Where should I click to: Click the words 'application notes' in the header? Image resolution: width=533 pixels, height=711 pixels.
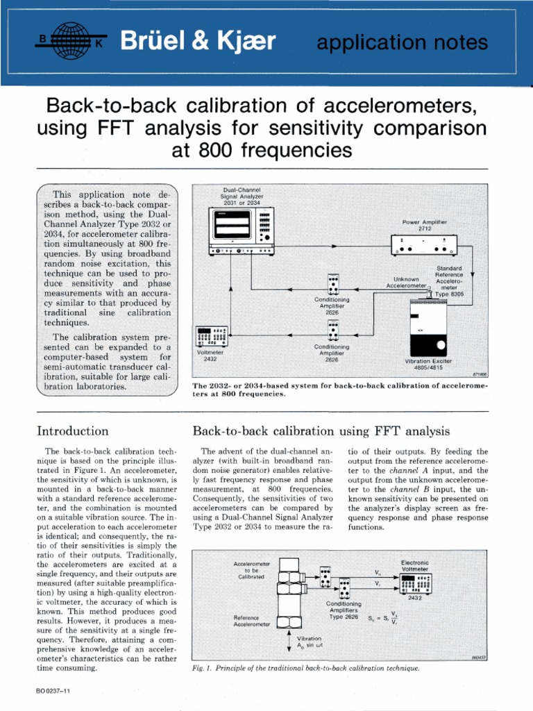402,43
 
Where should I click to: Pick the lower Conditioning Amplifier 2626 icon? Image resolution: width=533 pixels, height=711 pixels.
334,328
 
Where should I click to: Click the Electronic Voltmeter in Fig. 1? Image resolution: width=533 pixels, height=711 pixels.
415,583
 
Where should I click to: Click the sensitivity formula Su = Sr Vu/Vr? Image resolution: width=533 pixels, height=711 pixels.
383,617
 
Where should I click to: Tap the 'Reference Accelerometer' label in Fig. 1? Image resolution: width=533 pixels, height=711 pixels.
252,620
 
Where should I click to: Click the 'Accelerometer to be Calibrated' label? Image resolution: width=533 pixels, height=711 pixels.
252,570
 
